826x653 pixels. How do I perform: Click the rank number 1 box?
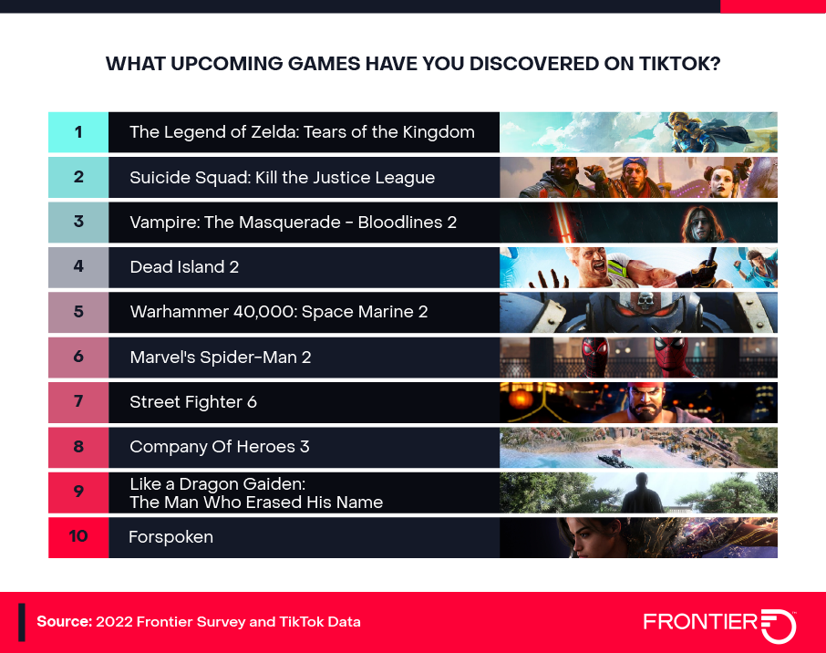[x=78, y=132]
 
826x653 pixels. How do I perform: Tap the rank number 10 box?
[x=78, y=536]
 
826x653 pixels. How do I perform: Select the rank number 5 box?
[x=78, y=312]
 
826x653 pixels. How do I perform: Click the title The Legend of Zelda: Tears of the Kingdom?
[x=302, y=132]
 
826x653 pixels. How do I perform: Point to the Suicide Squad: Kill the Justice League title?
[x=282, y=177]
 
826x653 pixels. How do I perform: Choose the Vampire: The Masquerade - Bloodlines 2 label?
[x=293, y=222]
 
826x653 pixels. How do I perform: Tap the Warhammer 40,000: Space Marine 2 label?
[x=278, y=312]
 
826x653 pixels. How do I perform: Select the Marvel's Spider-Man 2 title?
[x=220, y=357]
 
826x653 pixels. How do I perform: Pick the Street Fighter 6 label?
[x=193, y=401]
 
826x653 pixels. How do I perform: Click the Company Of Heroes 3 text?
[x=219, y=447]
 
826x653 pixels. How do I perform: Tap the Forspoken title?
[x=170, y=536]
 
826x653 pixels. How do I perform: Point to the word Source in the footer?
[x=64, y=622]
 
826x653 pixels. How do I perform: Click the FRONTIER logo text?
[x=700, y=622]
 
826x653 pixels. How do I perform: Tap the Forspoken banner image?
[x=638, y=536]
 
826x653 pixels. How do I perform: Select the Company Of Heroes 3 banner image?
[x=638, y=447]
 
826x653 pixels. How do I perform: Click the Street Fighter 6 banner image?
[x=638, y=401]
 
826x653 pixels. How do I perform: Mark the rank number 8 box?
[x=78, y=447]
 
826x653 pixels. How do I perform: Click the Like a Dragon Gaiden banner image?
[x=638, y=492]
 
